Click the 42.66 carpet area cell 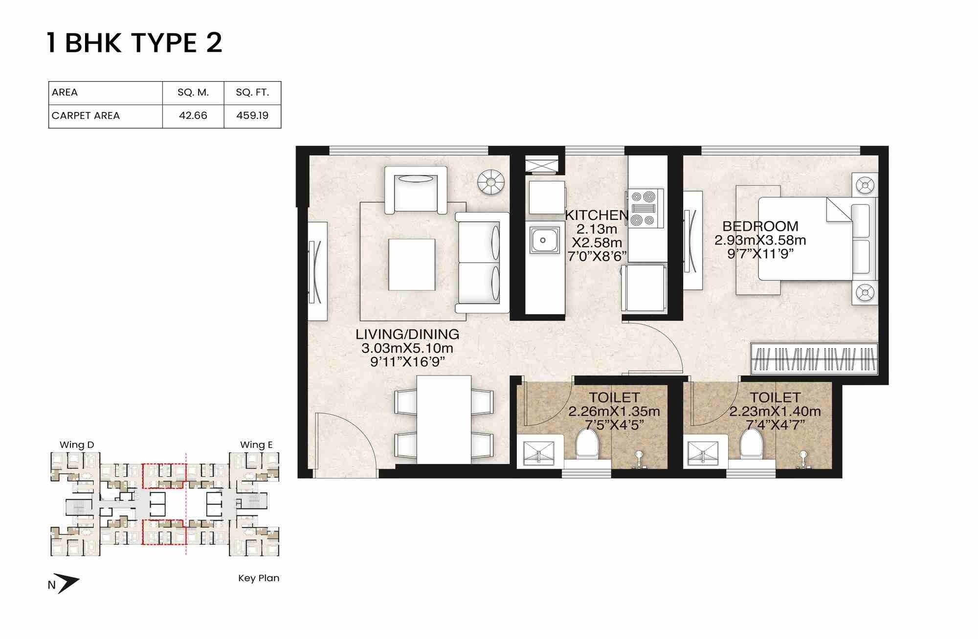[x=193, y=116]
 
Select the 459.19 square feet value [x=252, y=116]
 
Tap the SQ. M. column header [x=193, y=92]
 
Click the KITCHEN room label [x=597, y=215]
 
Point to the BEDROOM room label [x=760, y=226]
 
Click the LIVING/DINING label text [x=407, y=334]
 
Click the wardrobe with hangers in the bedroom [x=814, y=359]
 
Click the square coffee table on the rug [x=412, y=264]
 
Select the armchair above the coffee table [x=416, y=190]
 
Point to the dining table [x=444, y=419]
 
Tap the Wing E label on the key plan [x=256, y=445]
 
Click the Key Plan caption [x=258, y=578]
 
